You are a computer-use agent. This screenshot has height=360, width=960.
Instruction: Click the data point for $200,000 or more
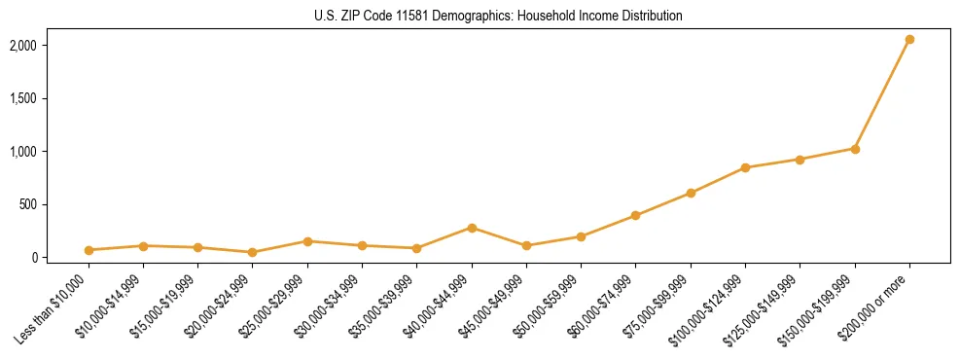pyautogui.click(x=909, y=40)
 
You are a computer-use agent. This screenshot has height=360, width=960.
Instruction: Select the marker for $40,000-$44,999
pyautogui.click(x=472, y=228)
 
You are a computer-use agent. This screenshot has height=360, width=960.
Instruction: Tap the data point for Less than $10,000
pyautogui.click(x=89, y=250)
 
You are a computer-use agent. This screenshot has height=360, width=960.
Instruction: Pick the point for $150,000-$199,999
pyautogui.click(x=855, y=149)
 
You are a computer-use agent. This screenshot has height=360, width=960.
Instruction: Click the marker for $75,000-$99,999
pyautogui.click(x=691, y=193)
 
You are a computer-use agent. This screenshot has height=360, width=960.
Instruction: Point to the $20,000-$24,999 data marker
pyautogui.click(x=253, y=252)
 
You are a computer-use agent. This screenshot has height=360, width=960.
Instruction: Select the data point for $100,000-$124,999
pyautogui.click(x=745, y=167)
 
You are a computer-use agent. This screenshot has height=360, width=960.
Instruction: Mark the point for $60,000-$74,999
pyautogui.click(x=636, y=215)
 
